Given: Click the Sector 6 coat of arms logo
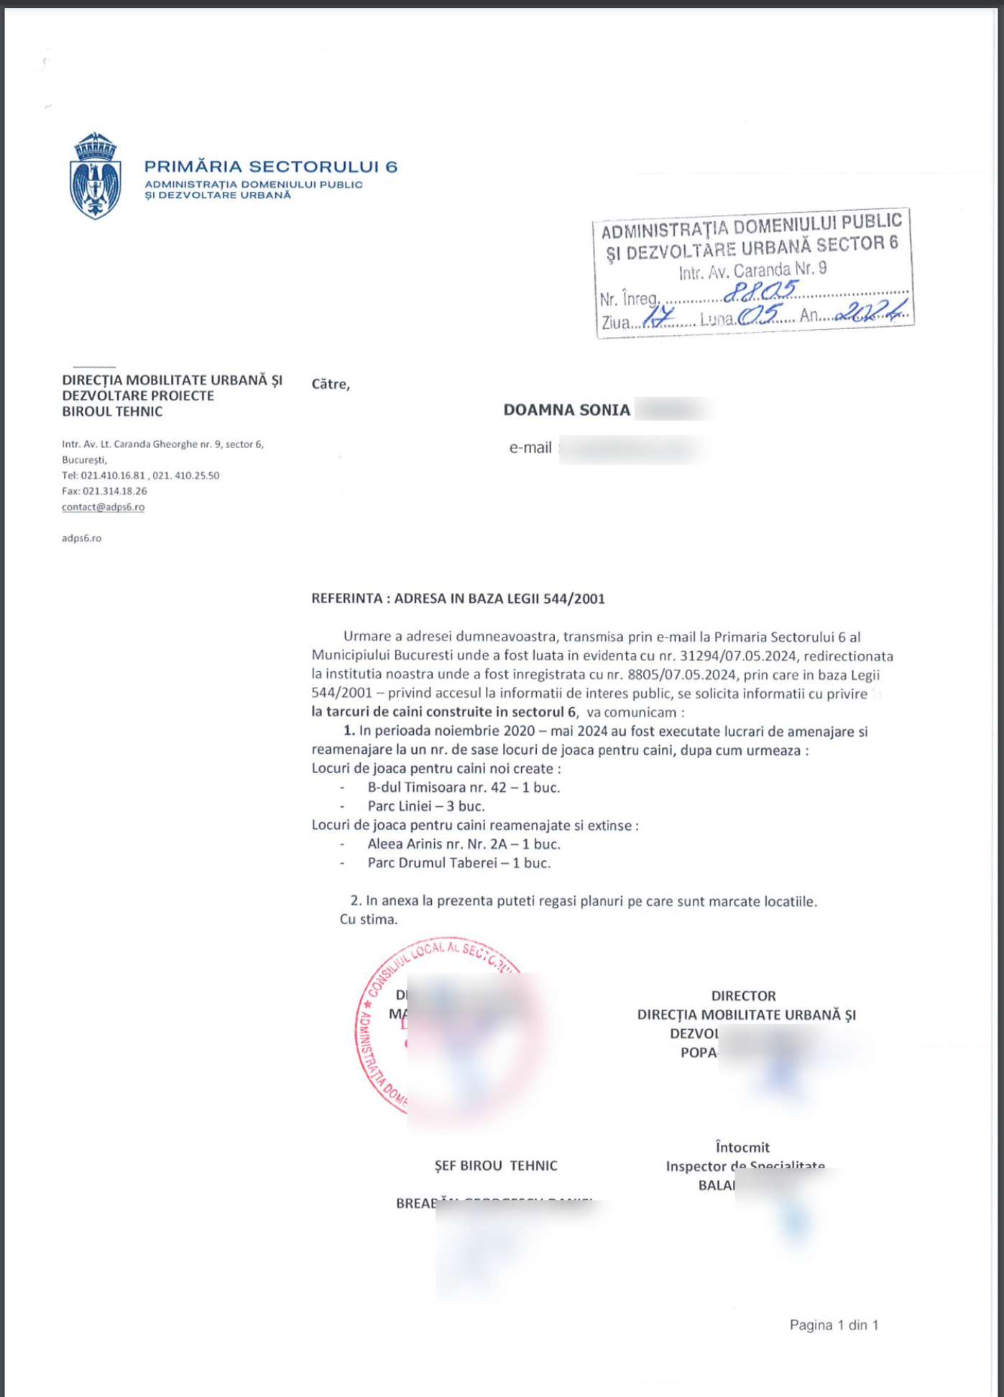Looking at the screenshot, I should [95, 176].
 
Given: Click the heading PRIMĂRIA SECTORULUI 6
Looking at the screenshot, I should [270, 167].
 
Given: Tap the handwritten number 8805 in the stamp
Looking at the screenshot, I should [760, 291].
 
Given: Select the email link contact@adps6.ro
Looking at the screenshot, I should [103, 507].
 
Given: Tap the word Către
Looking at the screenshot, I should [331, 384].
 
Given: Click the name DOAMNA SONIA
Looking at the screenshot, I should [566, 410].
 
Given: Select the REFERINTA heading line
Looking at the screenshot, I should [458, 599].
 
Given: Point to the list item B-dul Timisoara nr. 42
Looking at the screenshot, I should [464, 788].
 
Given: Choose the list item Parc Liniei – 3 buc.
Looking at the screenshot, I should [426, 806].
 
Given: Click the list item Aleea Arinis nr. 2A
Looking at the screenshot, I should [464, 844].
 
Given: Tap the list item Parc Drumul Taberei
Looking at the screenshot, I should [459, 863].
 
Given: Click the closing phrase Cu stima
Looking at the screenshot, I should [368, 920].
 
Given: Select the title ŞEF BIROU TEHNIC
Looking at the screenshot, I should [496, 1166].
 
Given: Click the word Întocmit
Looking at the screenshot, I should [742, 1148].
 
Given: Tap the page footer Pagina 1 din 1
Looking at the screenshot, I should [834, 1325].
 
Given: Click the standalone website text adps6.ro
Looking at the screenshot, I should [81, 538].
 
